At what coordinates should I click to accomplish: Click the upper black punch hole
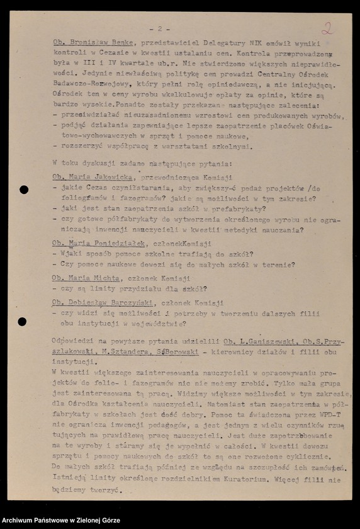(x=23, y=190)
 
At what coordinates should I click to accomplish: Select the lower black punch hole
(x=22, y=322)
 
